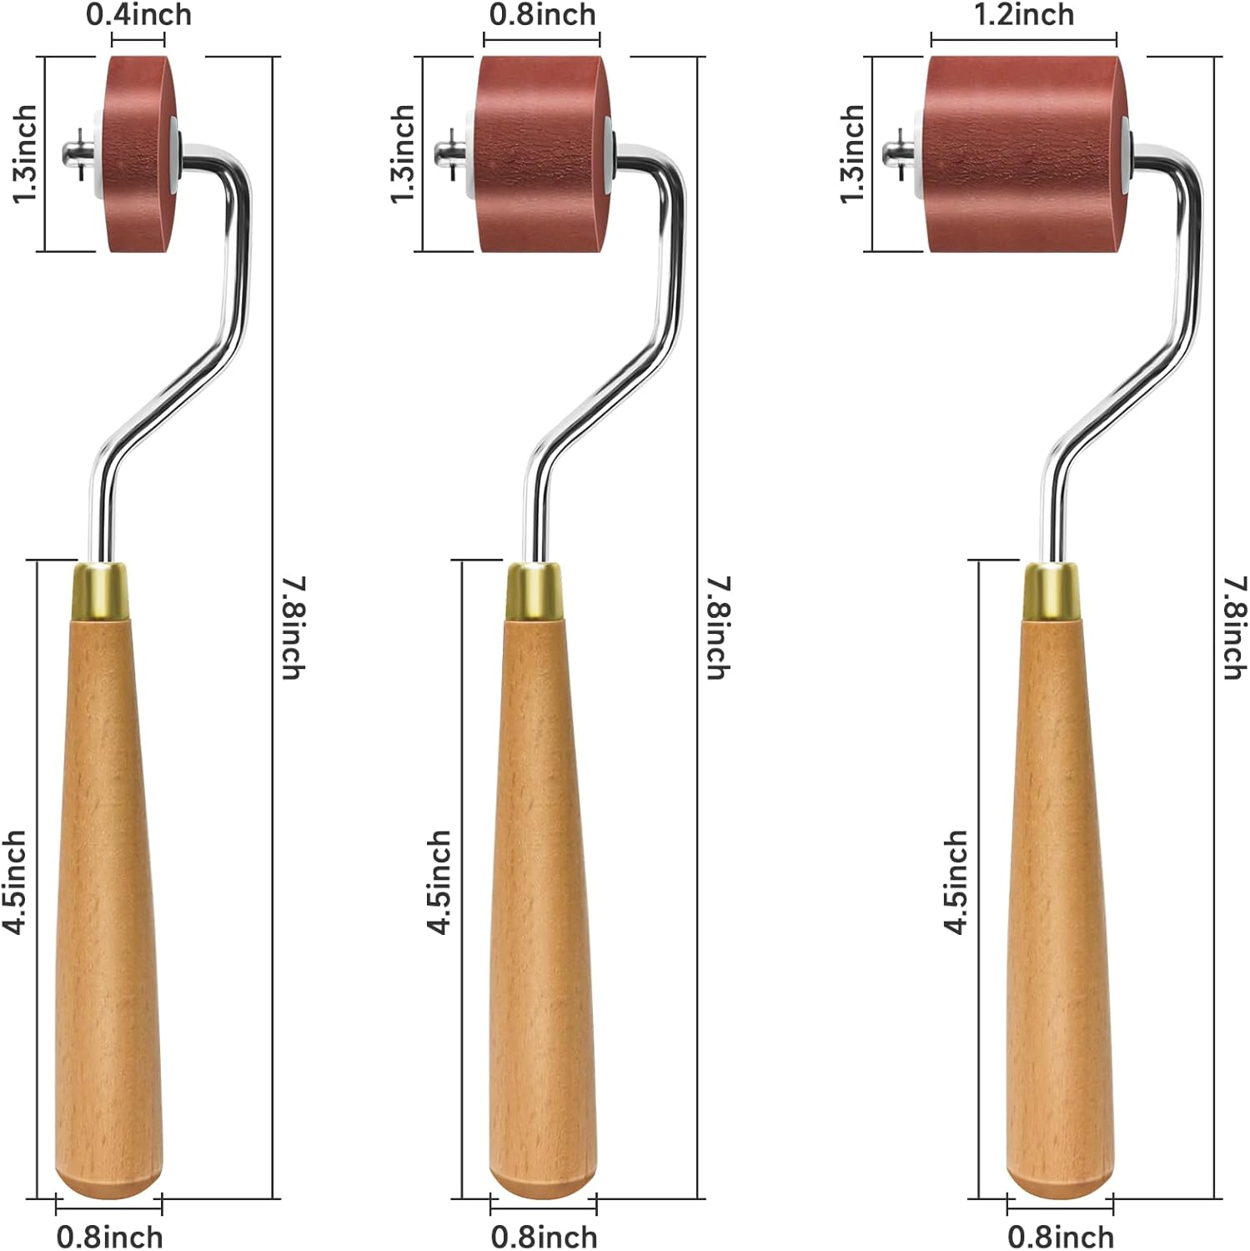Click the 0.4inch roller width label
tap(138, 14)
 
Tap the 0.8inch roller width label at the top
tap(542, 14)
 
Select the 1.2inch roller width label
tap(1024, 14)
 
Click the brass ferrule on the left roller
tap(101, 591)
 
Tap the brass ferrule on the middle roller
tap(534, 591)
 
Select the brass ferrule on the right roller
tap(1051, 591)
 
